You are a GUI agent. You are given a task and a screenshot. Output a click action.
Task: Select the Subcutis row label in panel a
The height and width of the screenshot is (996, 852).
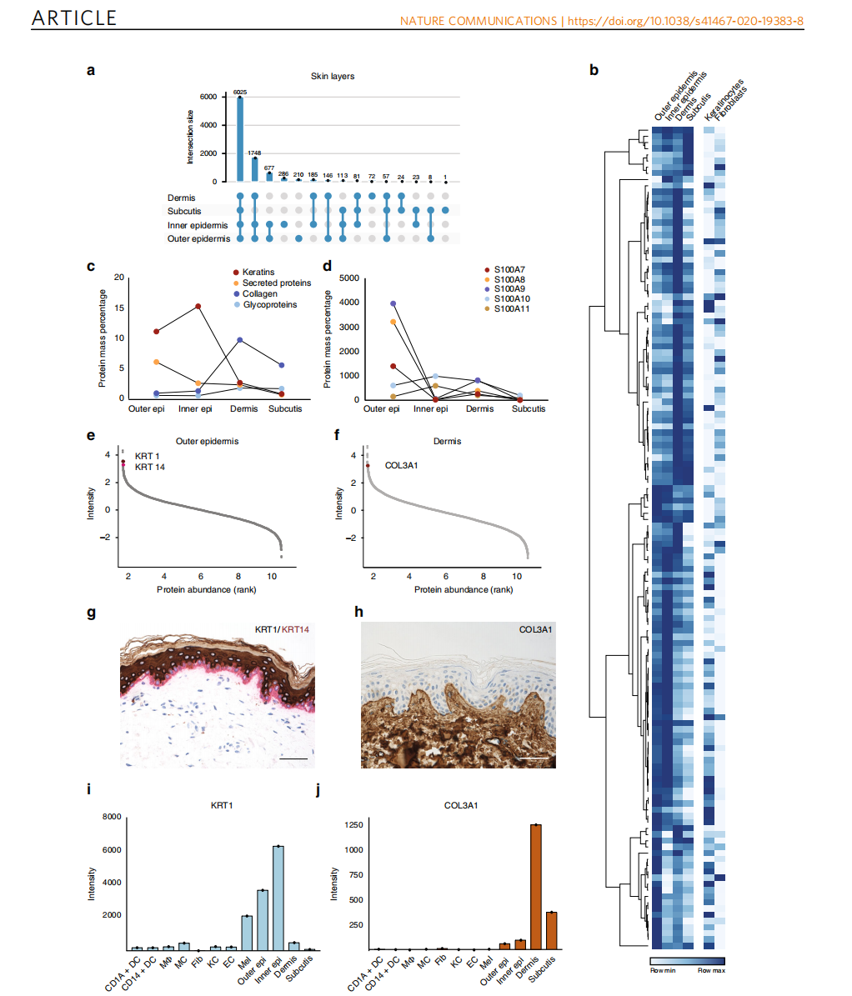pyautogui.click(x=186, y=211)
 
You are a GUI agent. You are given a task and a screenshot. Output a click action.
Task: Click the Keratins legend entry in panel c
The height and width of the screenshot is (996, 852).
pyautogui.click(x=261, y=273)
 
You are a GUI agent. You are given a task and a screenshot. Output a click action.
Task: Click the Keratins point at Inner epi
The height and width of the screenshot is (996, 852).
pyautogui.click(x=198, y=307)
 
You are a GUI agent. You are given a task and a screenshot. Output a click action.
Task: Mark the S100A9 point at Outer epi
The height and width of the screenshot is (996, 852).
pyautogui.click(x=393, y=303)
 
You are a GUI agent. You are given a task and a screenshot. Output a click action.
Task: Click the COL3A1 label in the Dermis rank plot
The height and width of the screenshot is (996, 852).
pyautogui.click(x=401, y=465)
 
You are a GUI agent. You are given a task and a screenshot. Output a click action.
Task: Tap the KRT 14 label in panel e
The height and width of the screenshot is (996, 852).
pyautogui.click(x=151, y=468)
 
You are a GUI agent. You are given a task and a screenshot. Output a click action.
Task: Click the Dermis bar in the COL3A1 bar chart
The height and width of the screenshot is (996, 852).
pyautogui.click(x=534, y=887)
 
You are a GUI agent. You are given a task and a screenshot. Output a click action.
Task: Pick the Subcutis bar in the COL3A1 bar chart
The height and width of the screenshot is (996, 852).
pyautogui.click(x=550, y=930)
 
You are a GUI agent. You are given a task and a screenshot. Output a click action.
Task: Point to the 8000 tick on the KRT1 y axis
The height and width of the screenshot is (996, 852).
pyautogui.click(x=110, y=818)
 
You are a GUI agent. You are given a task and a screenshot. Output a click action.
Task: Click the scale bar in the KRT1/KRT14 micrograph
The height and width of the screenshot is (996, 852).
pyautogui.click(x=294, y=759)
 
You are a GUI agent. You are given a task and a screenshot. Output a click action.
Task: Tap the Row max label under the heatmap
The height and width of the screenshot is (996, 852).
pyautogui.click(x=710, y=971)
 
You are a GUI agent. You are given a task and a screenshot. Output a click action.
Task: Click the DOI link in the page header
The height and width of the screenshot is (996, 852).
pyautogui.click(x=685, y=21)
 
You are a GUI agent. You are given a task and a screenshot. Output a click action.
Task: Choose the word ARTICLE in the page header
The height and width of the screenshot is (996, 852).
pyautogui.click(x=74, y=18)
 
